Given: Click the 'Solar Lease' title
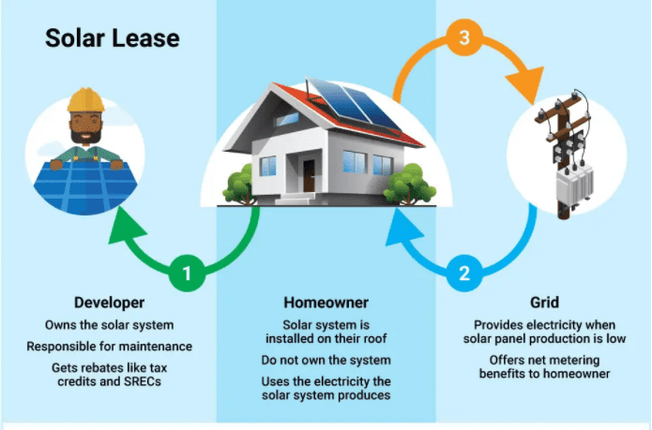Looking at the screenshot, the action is coord(113,38).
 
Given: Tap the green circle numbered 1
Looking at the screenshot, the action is coord(187,274).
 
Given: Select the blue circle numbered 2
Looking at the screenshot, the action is coord(464,274).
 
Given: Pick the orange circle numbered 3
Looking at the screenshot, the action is coord(464,37).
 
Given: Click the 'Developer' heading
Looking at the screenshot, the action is coord(110,303).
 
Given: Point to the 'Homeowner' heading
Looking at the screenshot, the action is coord(326,303).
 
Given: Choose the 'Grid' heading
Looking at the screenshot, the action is coord(544,303).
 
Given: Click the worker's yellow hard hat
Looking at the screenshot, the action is coord(85,100).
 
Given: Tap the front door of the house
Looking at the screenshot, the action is coord(309,176).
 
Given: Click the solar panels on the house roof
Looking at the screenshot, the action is coord(354,103).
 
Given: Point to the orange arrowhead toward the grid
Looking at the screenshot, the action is coord(526,84).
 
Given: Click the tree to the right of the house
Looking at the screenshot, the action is coord(409,185).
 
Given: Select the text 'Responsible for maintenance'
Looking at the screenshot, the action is coord(110,347).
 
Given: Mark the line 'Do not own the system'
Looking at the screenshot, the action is coord(326,360).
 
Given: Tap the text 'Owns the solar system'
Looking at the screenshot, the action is coord(110,325).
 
